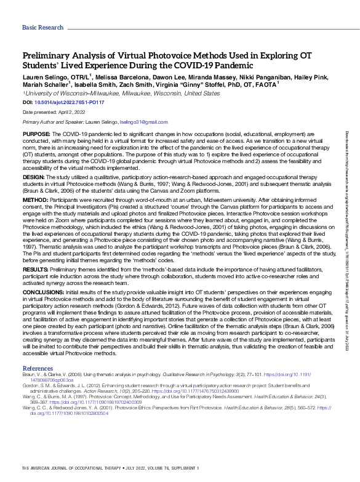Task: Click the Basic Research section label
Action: [x=42, y=28]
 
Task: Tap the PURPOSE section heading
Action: [x=36, y=134]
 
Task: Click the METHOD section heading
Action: [x=35, y=199]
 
